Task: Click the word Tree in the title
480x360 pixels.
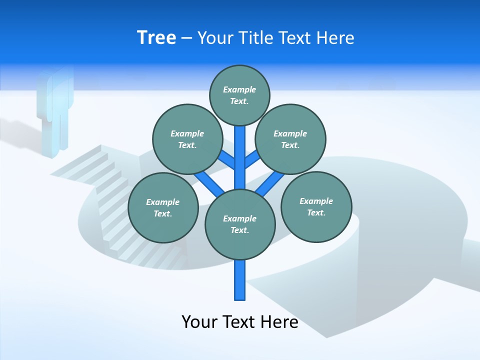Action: [156, 37]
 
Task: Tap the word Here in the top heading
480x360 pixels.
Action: [335, 38]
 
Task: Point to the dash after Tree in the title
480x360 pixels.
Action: [186, 38]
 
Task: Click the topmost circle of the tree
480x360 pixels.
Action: [239, 95]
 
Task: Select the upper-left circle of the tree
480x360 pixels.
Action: [187, 139]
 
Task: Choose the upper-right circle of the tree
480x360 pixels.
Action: [290, 139]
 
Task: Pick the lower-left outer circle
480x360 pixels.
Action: [163, 208]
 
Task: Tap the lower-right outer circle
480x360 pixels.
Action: [316, 207]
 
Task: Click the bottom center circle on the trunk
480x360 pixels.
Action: [240, 224]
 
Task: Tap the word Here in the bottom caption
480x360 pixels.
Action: [278, 322]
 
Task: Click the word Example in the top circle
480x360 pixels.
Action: [239, 89]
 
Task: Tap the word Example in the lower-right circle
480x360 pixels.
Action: [316, 201]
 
